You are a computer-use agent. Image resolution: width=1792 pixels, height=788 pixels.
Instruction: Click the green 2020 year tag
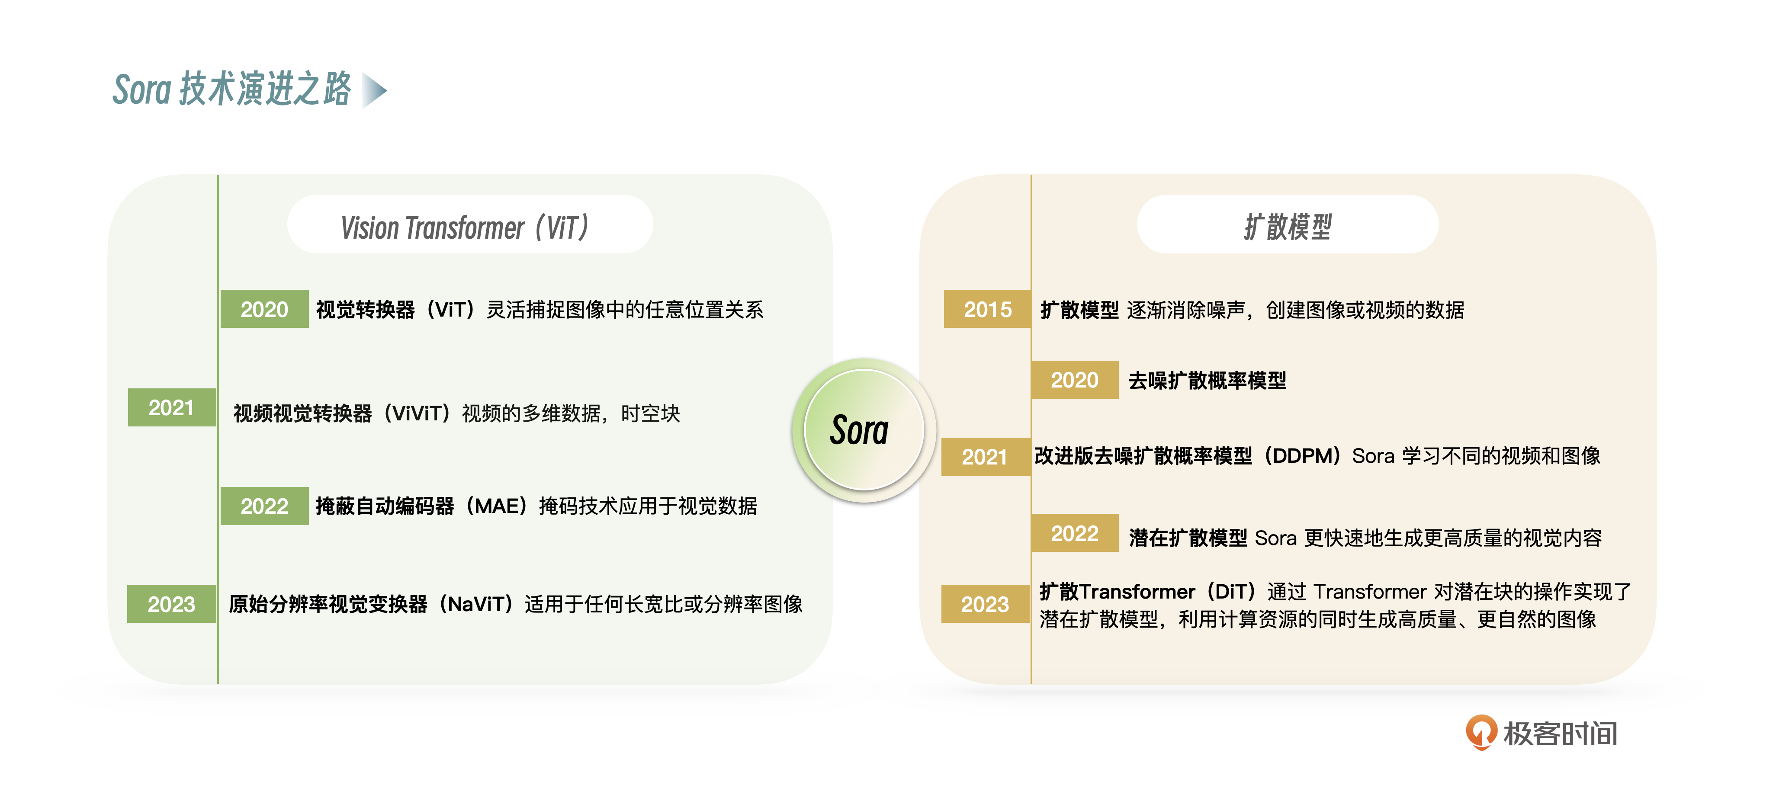[x=264, y=309]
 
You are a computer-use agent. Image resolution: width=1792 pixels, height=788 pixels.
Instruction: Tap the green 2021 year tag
[x=172, y=407]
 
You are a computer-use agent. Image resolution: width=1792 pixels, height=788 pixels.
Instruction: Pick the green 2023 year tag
[x=171, y=604]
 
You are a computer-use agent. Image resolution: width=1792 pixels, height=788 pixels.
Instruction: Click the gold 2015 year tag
[x=987, y=309]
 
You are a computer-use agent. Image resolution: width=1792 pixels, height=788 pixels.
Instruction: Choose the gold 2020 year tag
[x=1075, y=380]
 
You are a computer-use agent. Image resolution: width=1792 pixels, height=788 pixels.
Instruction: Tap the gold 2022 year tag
[x=1075, y=533]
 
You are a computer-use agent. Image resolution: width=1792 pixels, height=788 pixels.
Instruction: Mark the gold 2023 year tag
[x=985, y=604]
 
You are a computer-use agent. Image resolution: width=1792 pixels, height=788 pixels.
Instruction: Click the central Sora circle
[x=864, y=430]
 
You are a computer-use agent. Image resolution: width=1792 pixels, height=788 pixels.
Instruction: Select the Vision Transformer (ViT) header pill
[x=470, y=224]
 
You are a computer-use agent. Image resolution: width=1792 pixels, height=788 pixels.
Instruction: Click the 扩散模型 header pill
[x=1288, y=224]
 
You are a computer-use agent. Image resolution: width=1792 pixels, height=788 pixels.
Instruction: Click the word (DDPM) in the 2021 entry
[x=1301, y=456]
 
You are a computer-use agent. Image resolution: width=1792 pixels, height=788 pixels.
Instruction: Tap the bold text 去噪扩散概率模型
[x=1207, y=381]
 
